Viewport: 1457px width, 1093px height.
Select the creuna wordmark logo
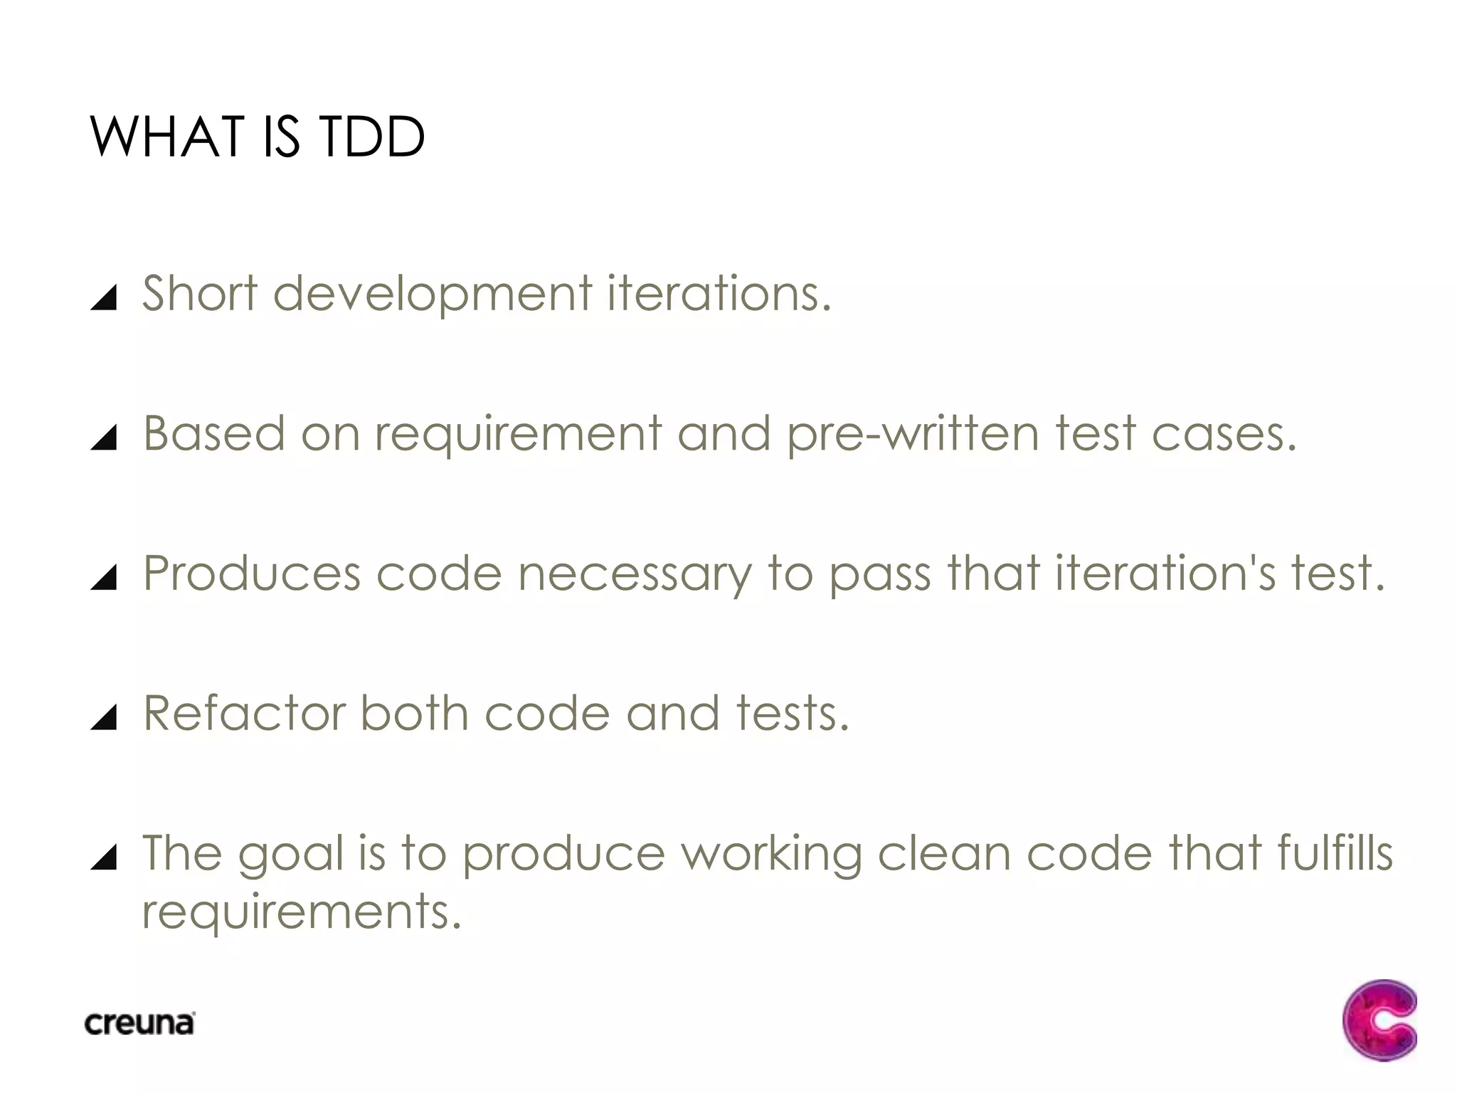click(x=139, y=1023)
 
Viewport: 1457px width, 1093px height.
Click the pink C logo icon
click(x=1379, y=1020)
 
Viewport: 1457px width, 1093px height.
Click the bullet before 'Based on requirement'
click(x=104, y=438)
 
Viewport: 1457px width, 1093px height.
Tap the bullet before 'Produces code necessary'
click(x=104, y=577)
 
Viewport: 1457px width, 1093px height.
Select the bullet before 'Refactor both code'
click(x=104, y=717)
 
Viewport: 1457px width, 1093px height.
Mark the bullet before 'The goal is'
click(x=104, y=857)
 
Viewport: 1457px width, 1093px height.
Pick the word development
click(x=432, y=295)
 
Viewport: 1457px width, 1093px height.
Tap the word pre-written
click(x=913, y=434)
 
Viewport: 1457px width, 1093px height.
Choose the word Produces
click(x=252, y=573)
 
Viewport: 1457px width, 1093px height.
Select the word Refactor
click(x=244, y=713)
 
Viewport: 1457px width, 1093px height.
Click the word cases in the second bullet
click(x=1217, y=434)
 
